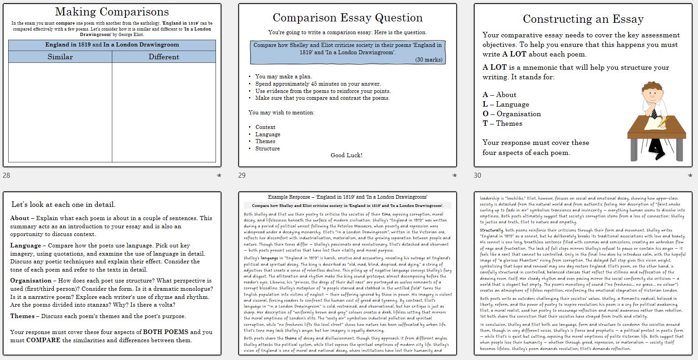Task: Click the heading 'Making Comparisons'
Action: tap(112, 12)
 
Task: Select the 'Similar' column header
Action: tap(60, 57)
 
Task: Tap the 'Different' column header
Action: tap(164, 57)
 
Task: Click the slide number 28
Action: tap(6, 175)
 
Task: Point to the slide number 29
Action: tap(242, 175)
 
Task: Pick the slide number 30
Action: tap(477, 175)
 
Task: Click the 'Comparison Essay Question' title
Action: tap(347, 18)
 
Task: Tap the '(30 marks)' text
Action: tap(428, 60)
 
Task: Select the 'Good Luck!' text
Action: tap(346, 155)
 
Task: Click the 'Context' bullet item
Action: tap(265, 127)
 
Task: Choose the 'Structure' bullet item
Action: tap(267, 149)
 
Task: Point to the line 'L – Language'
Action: tap(506, 104)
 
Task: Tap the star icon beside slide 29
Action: tap(454, 175)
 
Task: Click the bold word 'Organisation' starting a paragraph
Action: tap(31, 281)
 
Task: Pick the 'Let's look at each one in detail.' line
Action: tap(63, 205)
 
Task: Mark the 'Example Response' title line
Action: tap(347, 197)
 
